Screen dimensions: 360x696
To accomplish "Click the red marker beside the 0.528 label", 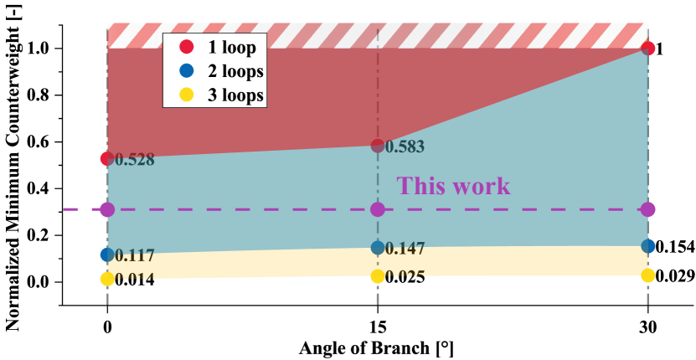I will pyautogui.click(x=106, y=158).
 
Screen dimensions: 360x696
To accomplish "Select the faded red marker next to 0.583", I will pyautogui.click(x=378, y=147).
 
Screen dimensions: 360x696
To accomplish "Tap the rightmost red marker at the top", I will pyautogui.click(x=648, y=48).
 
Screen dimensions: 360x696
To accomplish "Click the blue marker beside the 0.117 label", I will pyautogui.click(x=107, y=255).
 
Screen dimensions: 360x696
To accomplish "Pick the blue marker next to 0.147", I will pyautogui.click(x=378, y=248).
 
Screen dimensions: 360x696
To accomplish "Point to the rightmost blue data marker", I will pyautogui.click(x=648, y=246).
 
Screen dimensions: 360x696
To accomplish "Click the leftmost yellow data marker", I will pyautogui.click(x=107, y=279).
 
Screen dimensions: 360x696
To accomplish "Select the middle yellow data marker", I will pyautogui.click(x=378, y=275).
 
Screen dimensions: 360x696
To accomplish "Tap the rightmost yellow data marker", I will pyautogui.click(x=648, y=275).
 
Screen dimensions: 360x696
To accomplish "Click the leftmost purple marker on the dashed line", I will pyautogui.click(x=107, y=209).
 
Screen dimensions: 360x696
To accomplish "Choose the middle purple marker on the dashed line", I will pyautogui.click(x=378, y=209).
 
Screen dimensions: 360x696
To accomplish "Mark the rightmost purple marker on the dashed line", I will pyautogui.click(x=648, y=209).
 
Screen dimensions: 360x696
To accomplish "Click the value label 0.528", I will pyautogui.click(x=135, y=160).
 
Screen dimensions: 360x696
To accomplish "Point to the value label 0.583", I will pyautogui.click(x=405, y=147).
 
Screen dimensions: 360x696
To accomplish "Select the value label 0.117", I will pyautogui.click(x=135, y=255).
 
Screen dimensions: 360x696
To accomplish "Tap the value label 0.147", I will pyautogui.click(x=405, y=249).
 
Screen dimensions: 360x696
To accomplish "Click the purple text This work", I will pyautogui.click(x=453, y=185).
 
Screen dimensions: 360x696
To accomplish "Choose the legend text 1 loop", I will pyautogui.click(x=232, y=47).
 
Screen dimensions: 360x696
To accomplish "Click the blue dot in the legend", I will pyautogui.click(x=187, y=71).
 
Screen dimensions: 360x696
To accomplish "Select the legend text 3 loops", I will pyautogui.click(x=235, y=95).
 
